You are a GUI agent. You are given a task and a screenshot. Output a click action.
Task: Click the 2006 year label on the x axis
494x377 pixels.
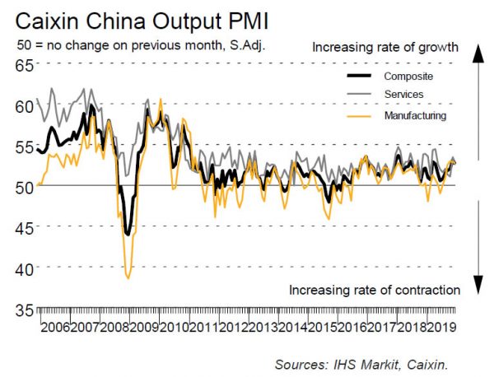[54, 327]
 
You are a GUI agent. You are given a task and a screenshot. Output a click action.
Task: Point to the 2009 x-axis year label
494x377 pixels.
[147, 327]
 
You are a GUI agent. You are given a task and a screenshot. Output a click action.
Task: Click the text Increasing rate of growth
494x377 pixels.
[384, 47]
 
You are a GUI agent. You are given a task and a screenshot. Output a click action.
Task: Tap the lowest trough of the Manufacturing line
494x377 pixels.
[128, 278]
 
